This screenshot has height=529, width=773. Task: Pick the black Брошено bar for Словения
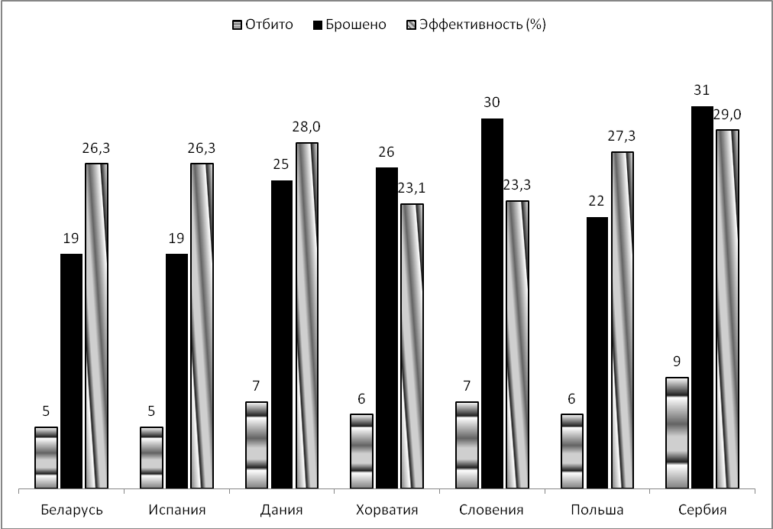pyautogui.click(x=492, y=303)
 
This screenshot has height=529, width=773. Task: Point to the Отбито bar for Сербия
pyautogui.click(x=677, y=433)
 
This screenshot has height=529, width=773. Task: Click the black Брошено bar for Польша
pyautogui.click(x=597, y=352)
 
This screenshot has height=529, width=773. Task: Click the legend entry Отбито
pyautogui.click(x=263, y=24)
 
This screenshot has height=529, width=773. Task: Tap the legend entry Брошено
pyautogui.click(x=351, y=24)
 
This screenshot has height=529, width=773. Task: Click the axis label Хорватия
pyautogui.click(x=386, y=510)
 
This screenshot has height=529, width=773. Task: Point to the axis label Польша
pyautogui.click(x=597, y=510)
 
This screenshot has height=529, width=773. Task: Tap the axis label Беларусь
pyautogui.click(x=70, y=510)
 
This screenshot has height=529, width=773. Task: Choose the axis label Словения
pyautogui.click(x=492, y=510)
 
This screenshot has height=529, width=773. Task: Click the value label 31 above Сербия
pyautogui.click(x=702, y=90)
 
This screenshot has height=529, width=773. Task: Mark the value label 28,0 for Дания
pyautogui.click(x=307, y=126)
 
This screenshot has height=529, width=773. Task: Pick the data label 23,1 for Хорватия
pyautogui.click(x=412, y=188)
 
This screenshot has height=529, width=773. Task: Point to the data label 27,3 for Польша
pyautogui.click(x=622, y=136)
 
